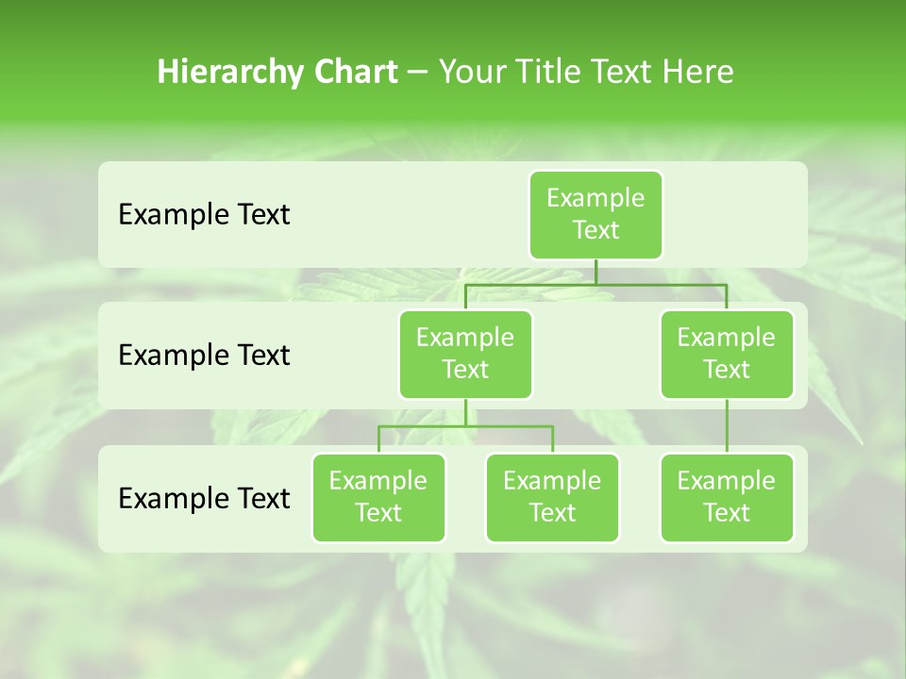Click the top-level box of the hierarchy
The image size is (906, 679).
(x=596, y=214)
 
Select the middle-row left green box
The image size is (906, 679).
(x=465, y=354)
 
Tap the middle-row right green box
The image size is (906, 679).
(x=727, y=354)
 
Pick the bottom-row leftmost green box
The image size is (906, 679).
(x=378, y=497)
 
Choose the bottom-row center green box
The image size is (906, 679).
(x=552, y=497)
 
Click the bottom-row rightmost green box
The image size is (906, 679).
(x=727, y=497)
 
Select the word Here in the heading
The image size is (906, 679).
(x=698, y=73)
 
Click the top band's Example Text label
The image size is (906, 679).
(x=204, y=215)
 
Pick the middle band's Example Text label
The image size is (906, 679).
(x=204, y=356)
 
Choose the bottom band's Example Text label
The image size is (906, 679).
(x=204, y=498)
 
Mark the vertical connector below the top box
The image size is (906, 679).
(x=596, y=272)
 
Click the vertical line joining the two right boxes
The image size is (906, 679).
(x=727, y=426)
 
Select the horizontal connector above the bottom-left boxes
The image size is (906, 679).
(x=465, y=426)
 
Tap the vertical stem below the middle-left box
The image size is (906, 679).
(x=465, y=412)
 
